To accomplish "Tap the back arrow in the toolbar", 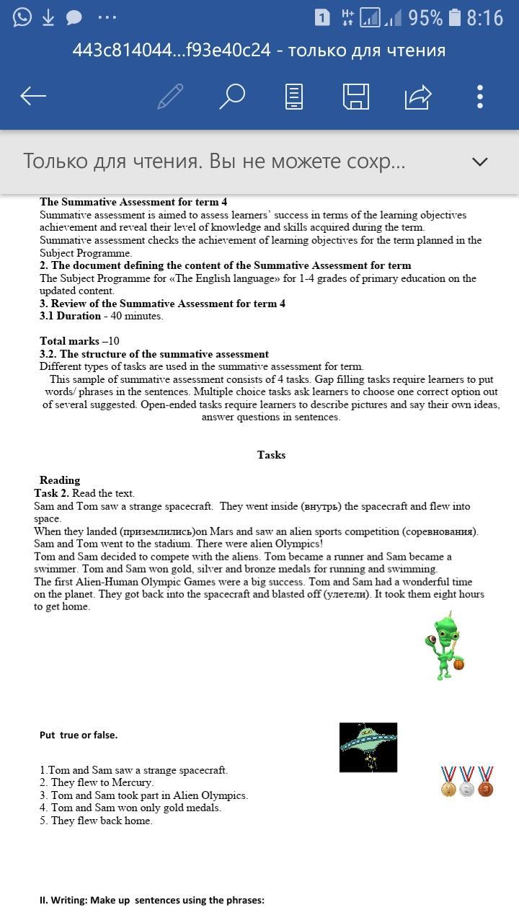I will (x=33, y=96).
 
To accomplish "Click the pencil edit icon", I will (x=170, y=96).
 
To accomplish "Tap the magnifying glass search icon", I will (x=232, y=96).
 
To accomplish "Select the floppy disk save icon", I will (x=355, y=96).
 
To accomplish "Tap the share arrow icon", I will (x=418, y=96).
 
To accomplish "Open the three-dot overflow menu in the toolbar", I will (x=480, y=96).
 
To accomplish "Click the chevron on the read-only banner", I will (x=479, y=162).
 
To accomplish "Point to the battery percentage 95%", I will (x=425, y=17).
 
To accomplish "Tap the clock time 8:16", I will (x=484, y=17).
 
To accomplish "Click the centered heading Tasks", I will (x=271, y=455).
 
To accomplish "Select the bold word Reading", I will (x=60, y=480).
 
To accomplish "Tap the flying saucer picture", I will (x=368, y=747).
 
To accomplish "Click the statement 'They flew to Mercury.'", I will (x=97, y=782).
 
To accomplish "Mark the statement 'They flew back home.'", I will (x=97, y=821).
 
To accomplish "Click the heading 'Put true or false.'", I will (x=79, y=735).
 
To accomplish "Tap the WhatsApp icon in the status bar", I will (x=22, y=17).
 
